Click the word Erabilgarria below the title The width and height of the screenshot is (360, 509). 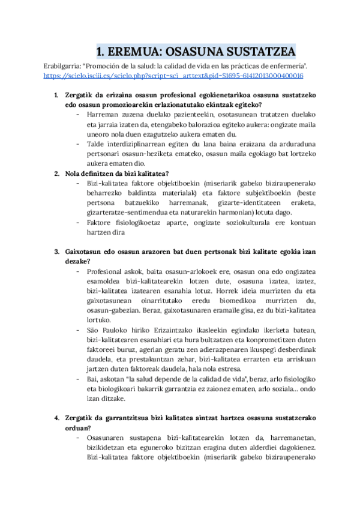point(64,65)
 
